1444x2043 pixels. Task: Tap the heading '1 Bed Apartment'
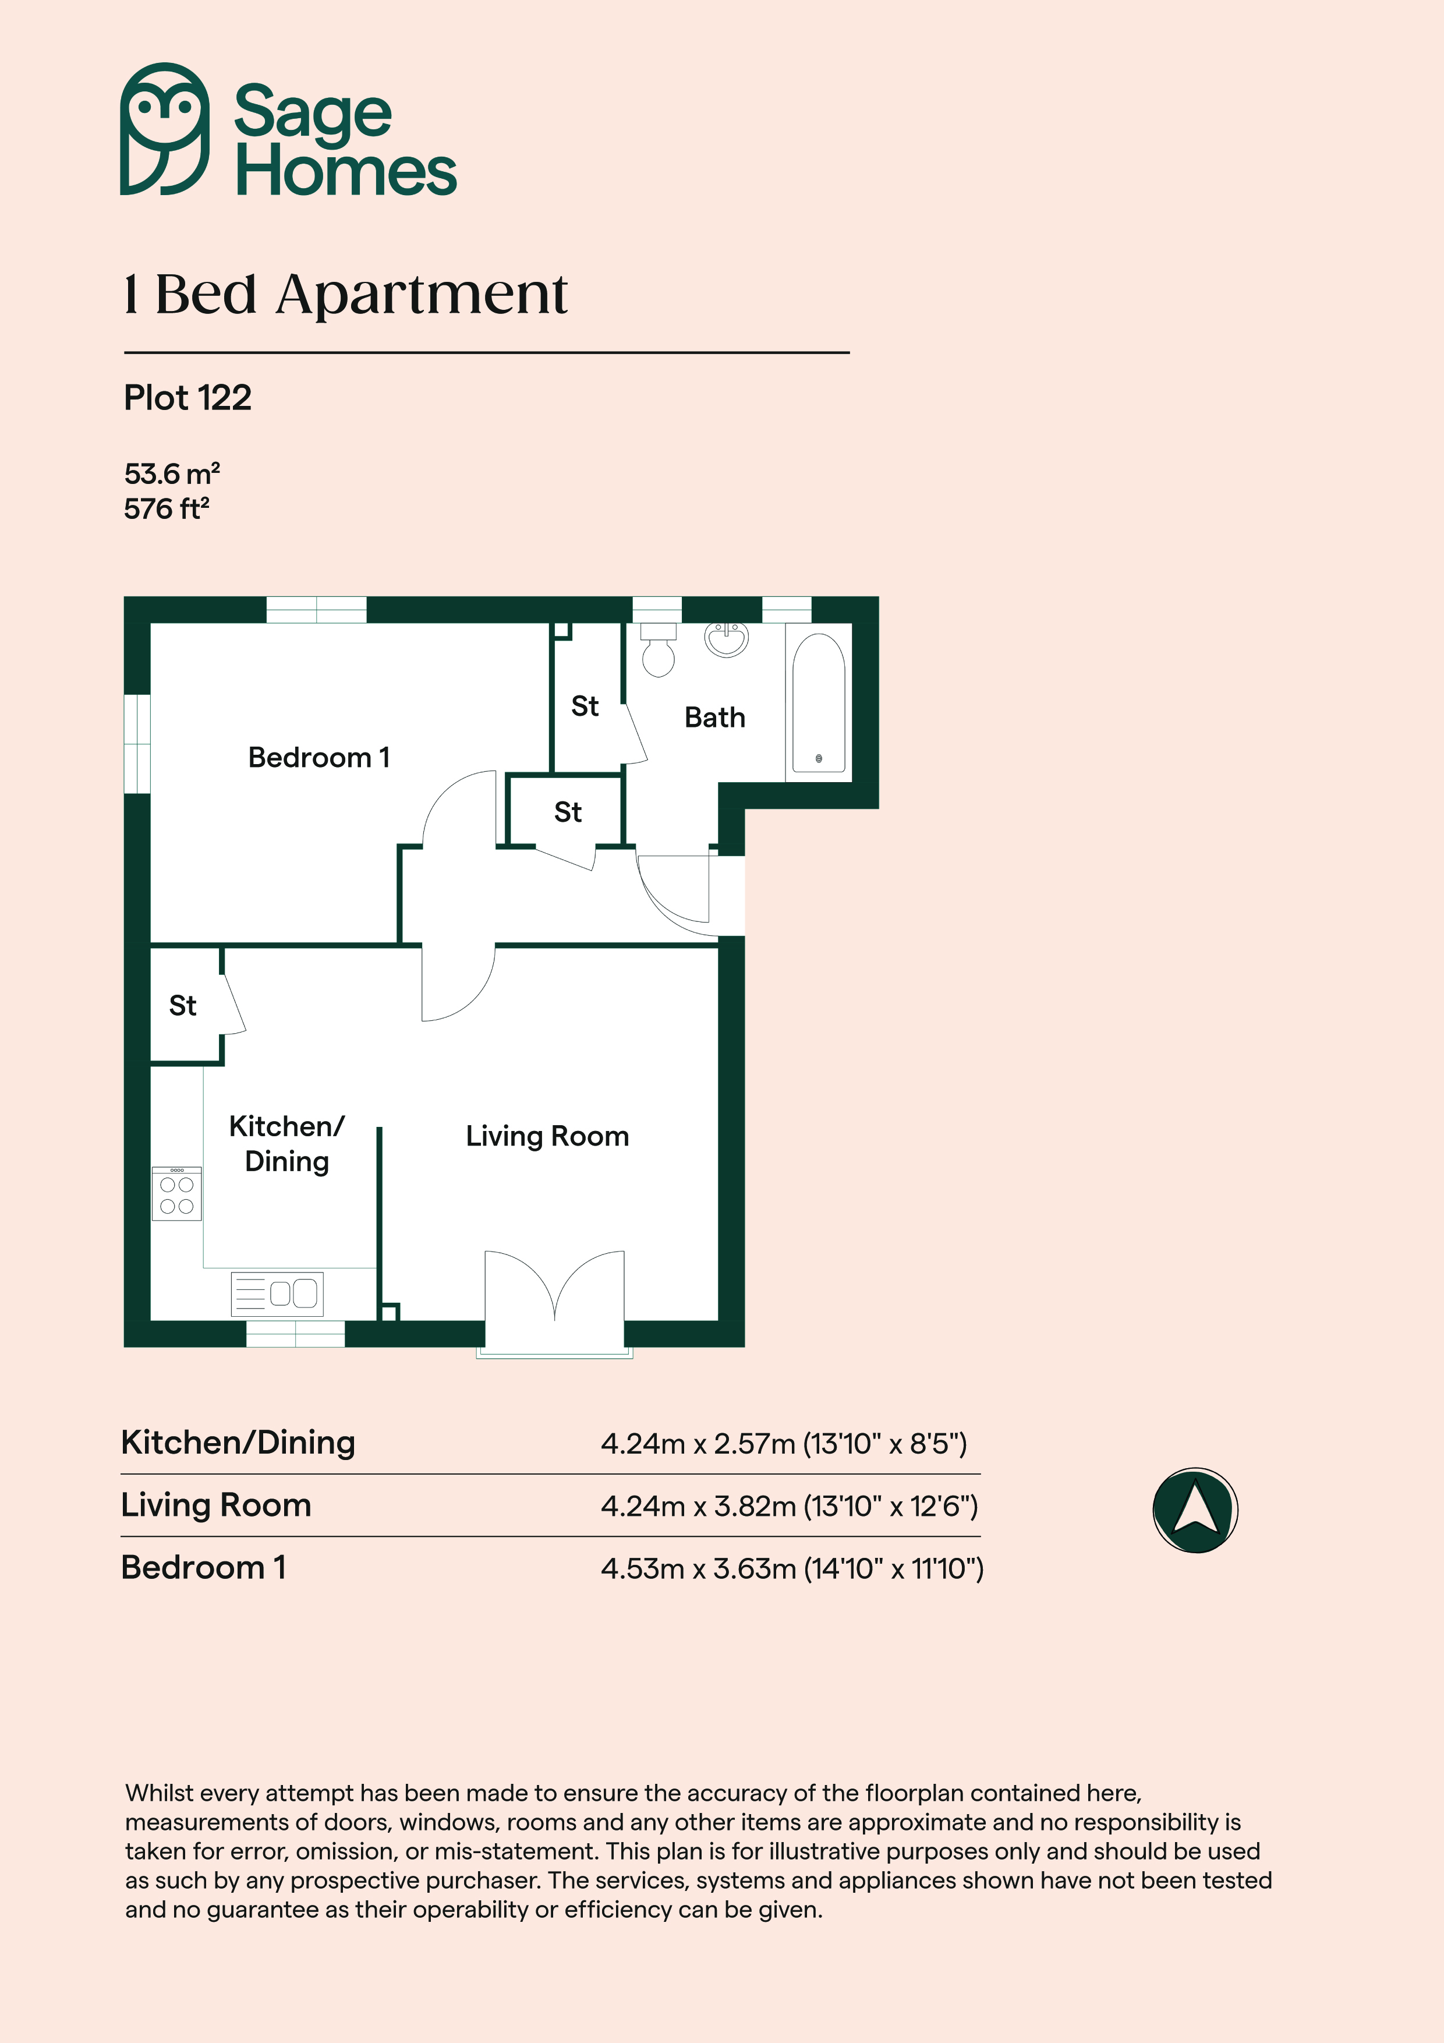tap(345, 295)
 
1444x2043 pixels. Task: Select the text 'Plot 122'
tap(187, 398)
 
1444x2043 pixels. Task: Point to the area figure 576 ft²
tap(167, 509)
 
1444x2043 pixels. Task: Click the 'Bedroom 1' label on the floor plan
tap(318, 757)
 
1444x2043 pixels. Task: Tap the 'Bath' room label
tap(714, 717)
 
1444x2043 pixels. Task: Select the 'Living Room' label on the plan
tap(547, 1136)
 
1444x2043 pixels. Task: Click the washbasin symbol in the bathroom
tap(727, 638)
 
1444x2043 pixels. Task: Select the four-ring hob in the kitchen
tap(177, 1194)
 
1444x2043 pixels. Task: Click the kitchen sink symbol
tap(277, 1294)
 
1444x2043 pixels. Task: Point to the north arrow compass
tap(1195, 1510)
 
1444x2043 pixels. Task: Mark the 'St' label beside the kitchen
tap(182, 1005)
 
